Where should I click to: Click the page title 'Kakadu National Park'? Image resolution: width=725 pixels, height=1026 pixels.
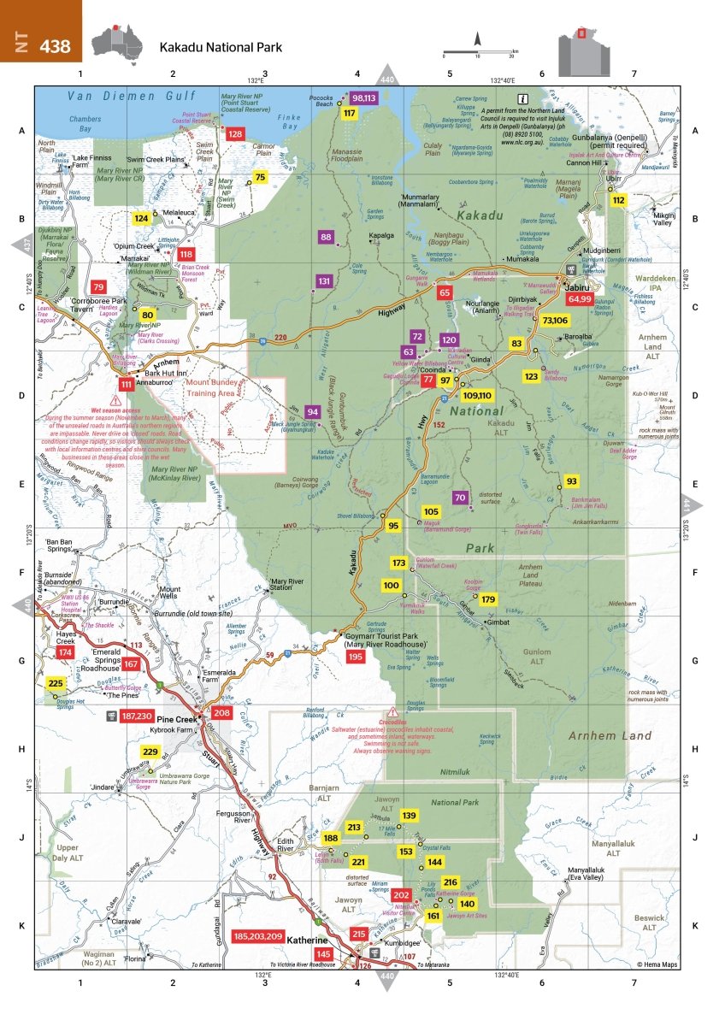click(220, 48)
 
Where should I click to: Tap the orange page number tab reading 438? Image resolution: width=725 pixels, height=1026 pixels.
click(40, 42)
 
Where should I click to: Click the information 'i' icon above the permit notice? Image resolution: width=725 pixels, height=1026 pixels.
click(522, 98)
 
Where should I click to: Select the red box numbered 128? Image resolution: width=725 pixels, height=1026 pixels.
click(234, 133)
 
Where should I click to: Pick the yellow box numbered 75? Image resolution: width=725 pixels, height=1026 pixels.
click(261, 176)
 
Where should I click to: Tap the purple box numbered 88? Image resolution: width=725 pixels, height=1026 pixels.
click(326, 237)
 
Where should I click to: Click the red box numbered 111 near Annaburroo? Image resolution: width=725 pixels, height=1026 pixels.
click(127, 386)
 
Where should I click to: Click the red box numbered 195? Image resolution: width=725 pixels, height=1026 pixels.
click(356, 656)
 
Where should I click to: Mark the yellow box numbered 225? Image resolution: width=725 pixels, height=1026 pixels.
click(56, 683)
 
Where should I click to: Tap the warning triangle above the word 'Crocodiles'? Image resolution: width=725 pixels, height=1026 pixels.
click(394, 712)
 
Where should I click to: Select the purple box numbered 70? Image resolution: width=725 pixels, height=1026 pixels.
click(460, 498)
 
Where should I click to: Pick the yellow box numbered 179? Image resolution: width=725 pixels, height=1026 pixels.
click(488, 599)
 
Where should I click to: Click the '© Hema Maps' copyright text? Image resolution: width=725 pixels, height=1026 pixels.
click(657, 964)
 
